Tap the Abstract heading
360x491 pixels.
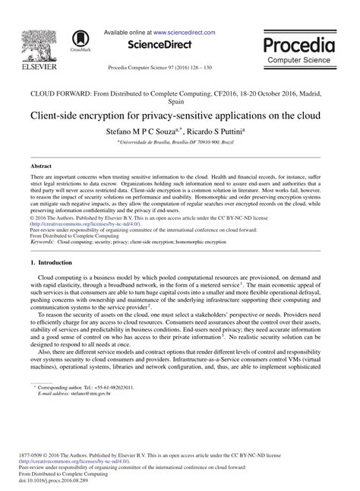tap(41, 165)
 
